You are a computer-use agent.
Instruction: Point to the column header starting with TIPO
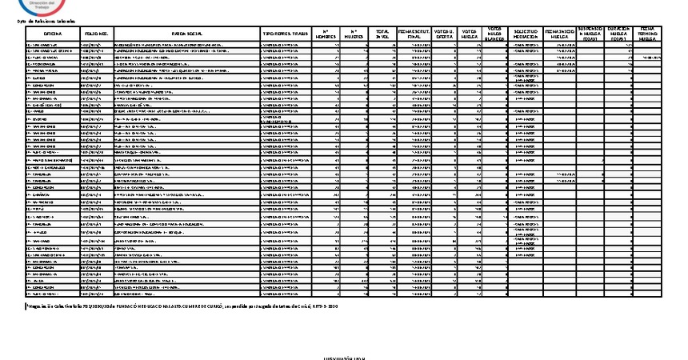point(285,34)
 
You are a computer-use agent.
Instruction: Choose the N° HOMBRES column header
point(326,34)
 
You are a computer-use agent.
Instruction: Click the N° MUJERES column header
point(354,34)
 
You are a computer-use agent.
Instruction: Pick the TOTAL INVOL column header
point(383,34)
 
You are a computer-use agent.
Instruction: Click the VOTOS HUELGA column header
point(470,34)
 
